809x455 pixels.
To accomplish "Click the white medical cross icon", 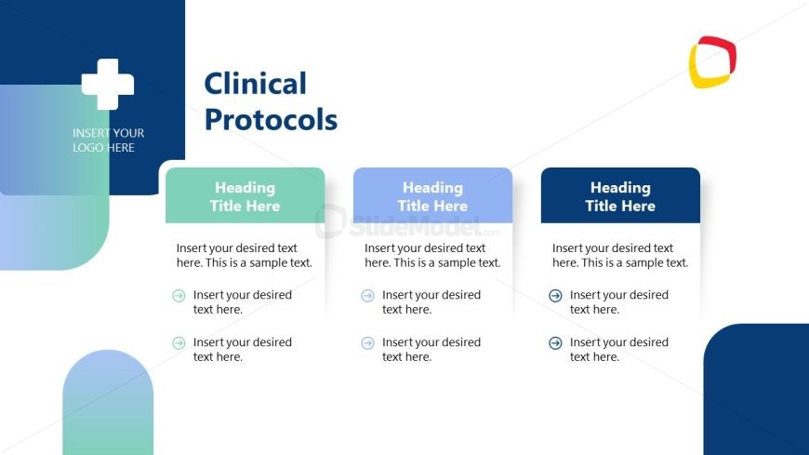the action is [x=108, y=84].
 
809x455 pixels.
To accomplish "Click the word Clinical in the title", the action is [x=256, y=84].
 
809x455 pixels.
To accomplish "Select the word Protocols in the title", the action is [x=271, y=120].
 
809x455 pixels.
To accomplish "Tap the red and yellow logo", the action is [x=712, y=62].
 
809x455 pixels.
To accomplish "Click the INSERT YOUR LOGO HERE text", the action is [x=109, y=140].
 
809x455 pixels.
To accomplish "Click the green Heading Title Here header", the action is [x=245, y=195].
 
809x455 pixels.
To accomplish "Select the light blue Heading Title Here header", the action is [x=433, y=195].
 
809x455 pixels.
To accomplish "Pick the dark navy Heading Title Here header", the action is [x=620, y=195].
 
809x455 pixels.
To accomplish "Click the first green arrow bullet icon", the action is [x=179, y=296].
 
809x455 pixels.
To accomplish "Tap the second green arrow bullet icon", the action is [x=179, y=343].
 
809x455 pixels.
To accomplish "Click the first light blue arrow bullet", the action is [x=368, y=296].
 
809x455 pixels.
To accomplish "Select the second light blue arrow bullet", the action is [x=368, y=343].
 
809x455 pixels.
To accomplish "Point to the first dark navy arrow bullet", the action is [x=556, y=296].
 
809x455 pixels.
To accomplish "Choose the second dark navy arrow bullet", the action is [x=556, y=343].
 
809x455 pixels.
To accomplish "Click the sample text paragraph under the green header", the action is [x=245, y=256].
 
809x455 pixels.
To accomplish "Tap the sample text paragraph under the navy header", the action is [x=620, y=256].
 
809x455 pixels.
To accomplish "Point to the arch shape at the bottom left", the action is [x=108, y=402].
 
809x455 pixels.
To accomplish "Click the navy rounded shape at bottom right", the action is [x=756, y=390].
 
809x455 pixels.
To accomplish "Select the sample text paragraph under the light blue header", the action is [x=432, y=256].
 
